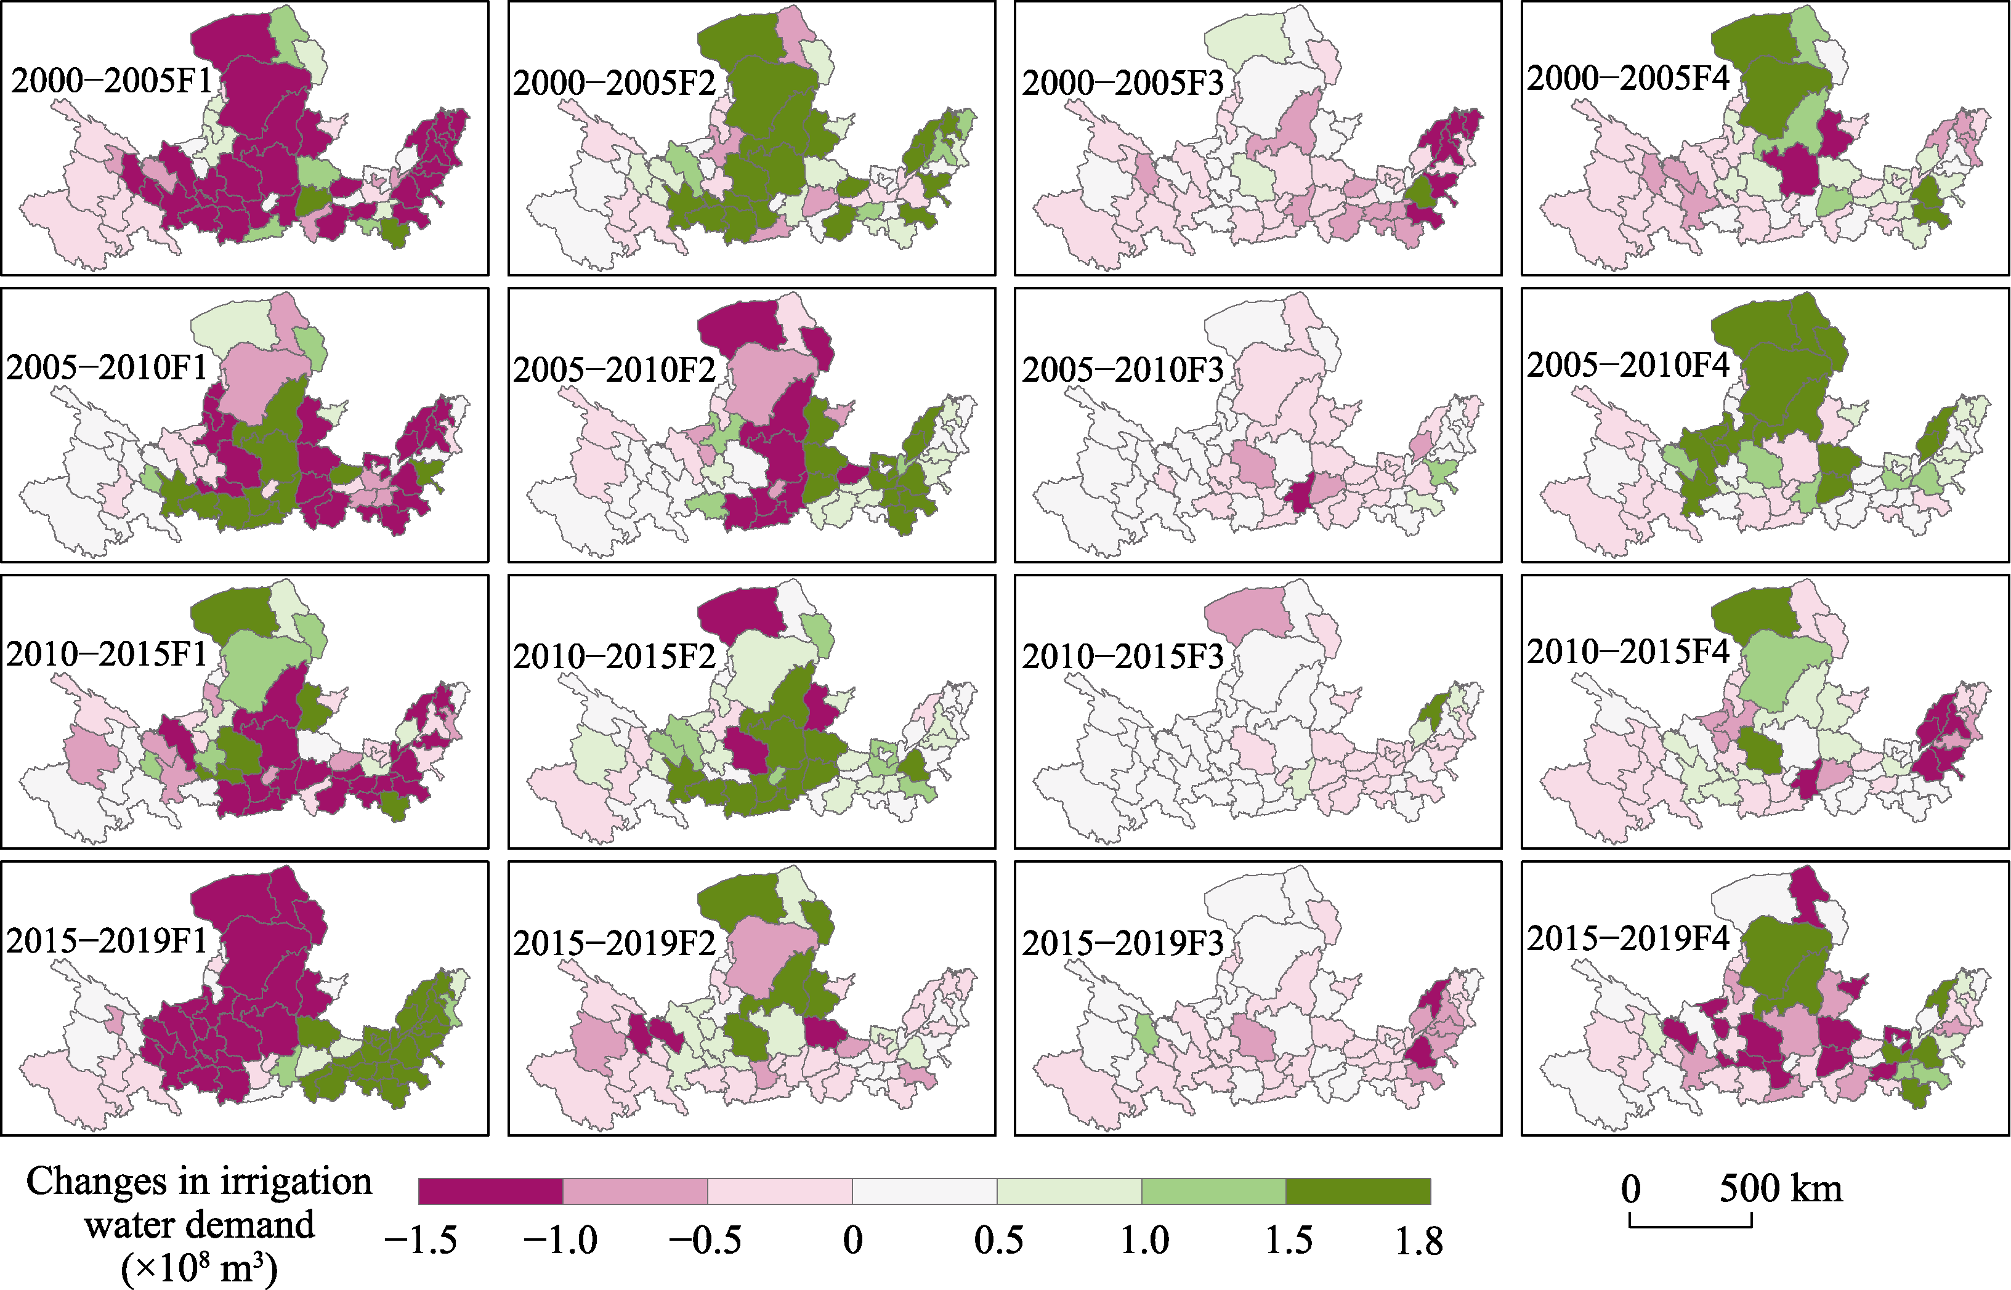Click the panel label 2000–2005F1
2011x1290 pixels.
(111, 81)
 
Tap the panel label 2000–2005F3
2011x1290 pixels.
(1123, 83)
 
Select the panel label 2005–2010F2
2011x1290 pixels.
(614, 369)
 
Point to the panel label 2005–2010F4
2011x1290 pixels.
(1628, 365)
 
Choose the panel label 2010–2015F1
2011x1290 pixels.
(107, 654)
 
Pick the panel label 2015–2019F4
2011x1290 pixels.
(1628, 938)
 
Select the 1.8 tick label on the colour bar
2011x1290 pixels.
(1418, 1241)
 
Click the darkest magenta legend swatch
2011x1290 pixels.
(491, 1191)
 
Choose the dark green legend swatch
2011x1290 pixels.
(1358, 1191)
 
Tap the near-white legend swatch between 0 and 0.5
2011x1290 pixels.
(925, 1191)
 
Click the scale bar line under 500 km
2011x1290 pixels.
(1690, 1227)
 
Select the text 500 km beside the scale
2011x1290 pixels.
(1781, 1188)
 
